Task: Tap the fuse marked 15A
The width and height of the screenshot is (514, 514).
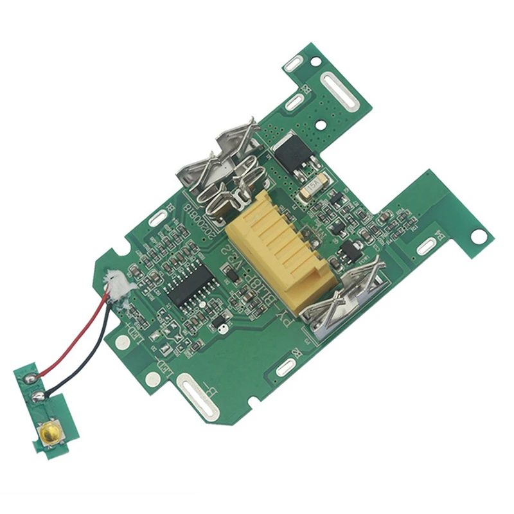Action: pos(314,186)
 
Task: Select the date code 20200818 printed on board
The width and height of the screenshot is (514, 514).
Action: pos(193,218)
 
